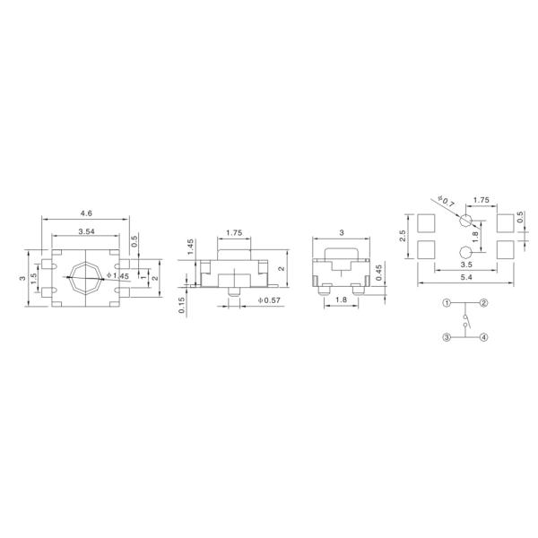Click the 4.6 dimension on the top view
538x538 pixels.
pyautogui.click(x=86, y=213)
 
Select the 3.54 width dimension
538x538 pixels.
pyautogui.click(x=86, y=231)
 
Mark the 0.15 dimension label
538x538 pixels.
pyautogui.click(x=180, y=305)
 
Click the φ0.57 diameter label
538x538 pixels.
pyautogui.click(x=269, y=299)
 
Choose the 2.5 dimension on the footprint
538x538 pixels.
pyautogui.click(x=404, y=235)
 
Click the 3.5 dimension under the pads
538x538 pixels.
pyautogui.click(x=466, y=265)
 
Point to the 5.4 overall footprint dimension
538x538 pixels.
pyautogui.click(x=466, y=280)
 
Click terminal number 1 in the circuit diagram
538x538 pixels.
pyautogui.click(x=446, y=303)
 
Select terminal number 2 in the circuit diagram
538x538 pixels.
pyautogui.click(x=484, y=303)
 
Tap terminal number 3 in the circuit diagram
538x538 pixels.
pyautogui.click(x=446, y=337)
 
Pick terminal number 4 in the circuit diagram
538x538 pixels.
pyautogui.click(x=484, y=337)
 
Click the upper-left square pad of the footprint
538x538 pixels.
pyautogui.click(x=427, y=221)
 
